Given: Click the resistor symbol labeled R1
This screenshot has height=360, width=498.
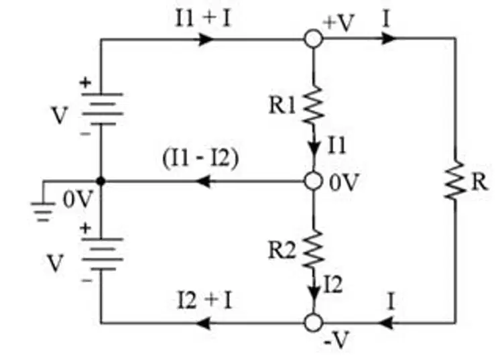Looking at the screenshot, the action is (314, 105).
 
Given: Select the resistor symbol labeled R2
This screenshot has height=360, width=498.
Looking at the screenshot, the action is (314, 249).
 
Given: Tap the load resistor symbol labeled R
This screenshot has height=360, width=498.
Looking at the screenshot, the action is (456, 180).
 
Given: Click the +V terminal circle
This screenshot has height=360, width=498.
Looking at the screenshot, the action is (314, 39).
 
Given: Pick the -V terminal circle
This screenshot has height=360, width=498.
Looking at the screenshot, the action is (314, 322).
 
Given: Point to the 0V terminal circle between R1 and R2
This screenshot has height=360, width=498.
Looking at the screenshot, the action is (314, 181).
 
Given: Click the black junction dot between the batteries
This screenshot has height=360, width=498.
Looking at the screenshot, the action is (101, 181).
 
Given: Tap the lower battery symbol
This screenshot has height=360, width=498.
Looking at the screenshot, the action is (103, 254).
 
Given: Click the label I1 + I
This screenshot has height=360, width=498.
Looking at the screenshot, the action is (203, 18).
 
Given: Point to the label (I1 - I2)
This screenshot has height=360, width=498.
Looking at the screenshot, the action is (200, 158).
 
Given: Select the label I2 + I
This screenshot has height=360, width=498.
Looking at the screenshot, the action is (205, 300).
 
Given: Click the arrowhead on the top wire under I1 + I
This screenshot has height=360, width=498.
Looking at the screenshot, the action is (206, 39).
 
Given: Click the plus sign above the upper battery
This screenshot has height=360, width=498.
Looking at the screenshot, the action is (85, 82).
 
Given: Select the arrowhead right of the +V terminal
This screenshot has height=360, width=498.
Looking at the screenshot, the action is (389, 38).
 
